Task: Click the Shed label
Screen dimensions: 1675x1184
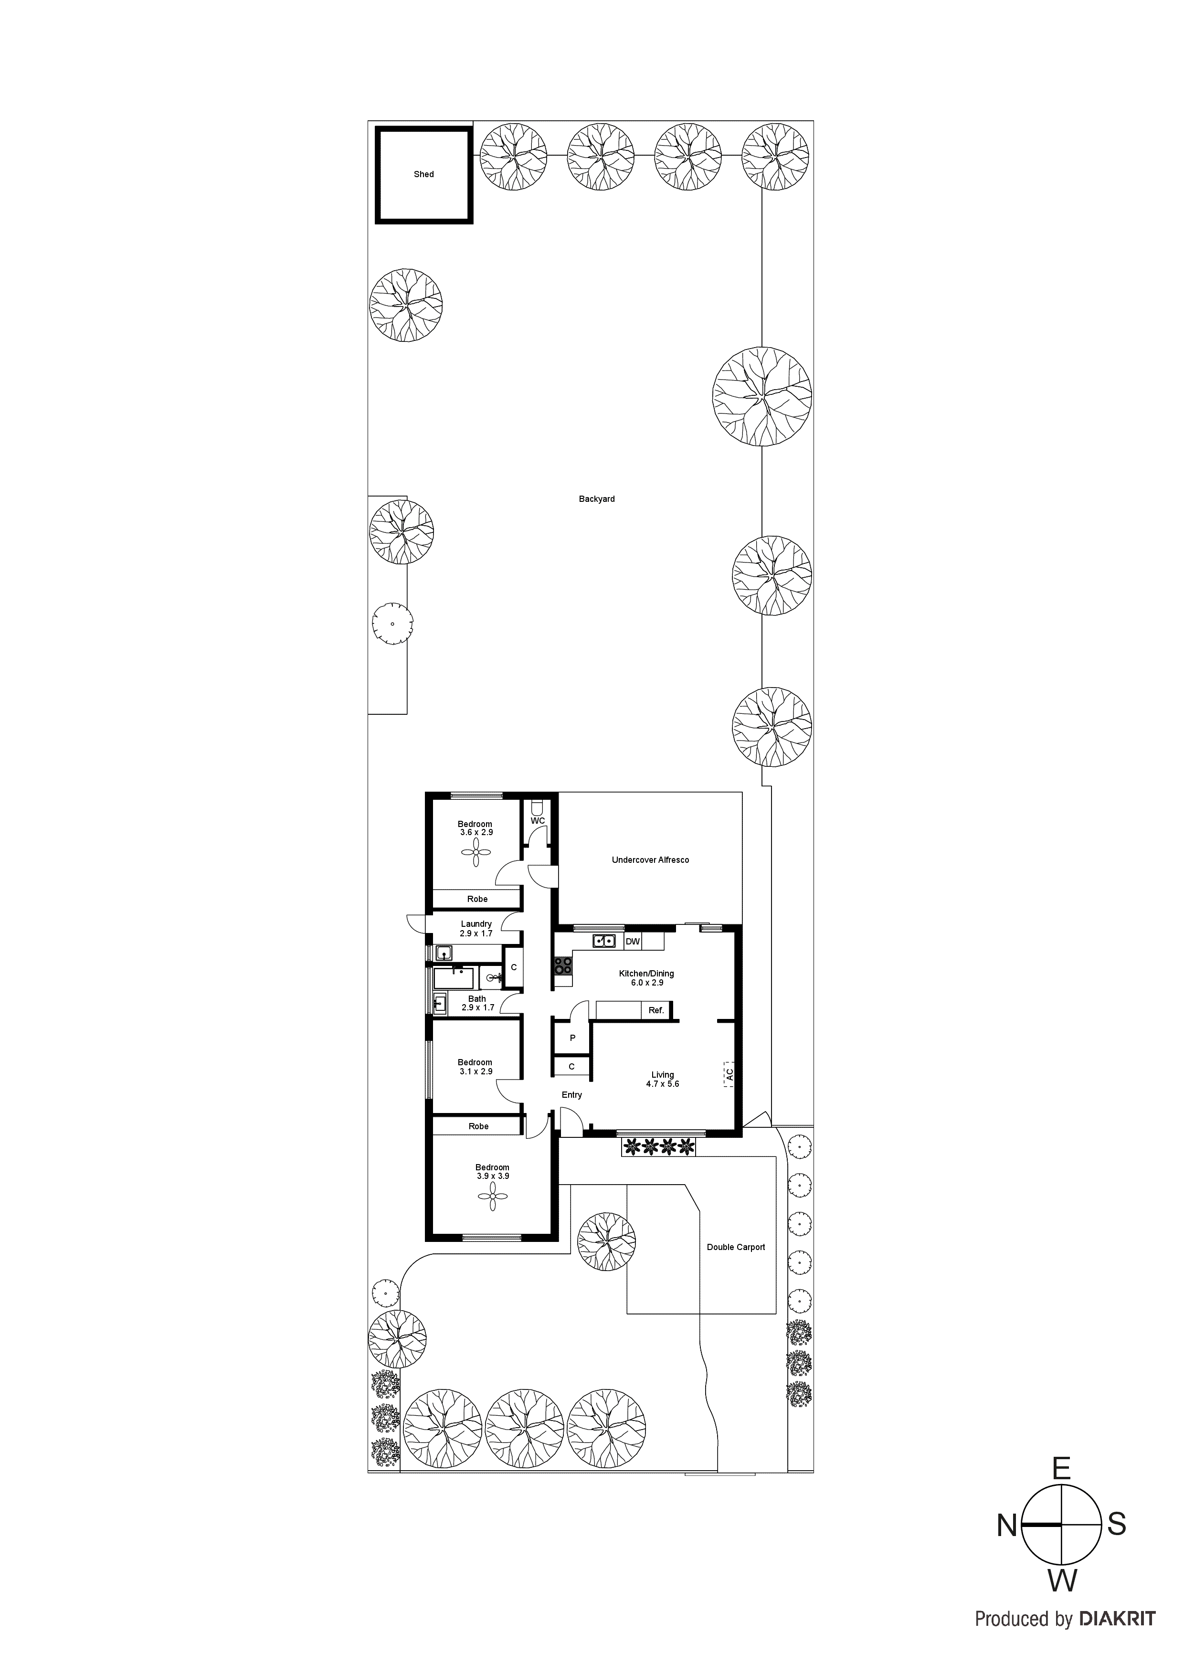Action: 424,174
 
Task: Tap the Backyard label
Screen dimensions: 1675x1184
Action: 597,499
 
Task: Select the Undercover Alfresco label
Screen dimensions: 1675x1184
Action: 650,860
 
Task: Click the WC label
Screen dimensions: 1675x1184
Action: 538,821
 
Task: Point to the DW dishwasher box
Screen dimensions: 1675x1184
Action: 633,942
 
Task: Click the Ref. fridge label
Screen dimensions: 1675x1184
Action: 656,1010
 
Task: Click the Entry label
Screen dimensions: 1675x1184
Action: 572,1095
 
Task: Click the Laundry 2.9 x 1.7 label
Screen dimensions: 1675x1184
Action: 476,929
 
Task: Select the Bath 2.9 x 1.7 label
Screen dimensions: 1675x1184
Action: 478,1003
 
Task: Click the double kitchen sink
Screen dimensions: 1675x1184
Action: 605,941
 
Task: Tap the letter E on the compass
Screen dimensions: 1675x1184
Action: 1061,1469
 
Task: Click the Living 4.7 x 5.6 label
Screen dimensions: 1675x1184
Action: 662,1079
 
